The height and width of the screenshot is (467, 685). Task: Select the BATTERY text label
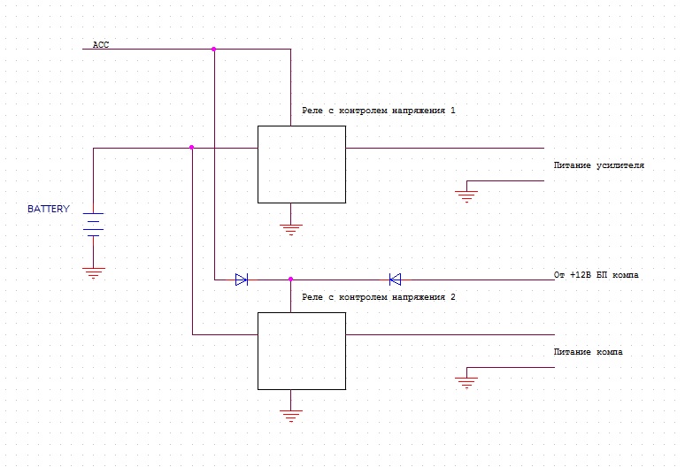click(48, 210)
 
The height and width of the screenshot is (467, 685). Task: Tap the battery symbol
click(94, 226)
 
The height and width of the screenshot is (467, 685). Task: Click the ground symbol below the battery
click(94, 272)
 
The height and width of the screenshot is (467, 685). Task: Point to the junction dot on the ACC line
click(213, 49)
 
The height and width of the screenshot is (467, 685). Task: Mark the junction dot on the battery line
click(191, 148)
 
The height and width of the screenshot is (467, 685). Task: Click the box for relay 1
click(301, 164)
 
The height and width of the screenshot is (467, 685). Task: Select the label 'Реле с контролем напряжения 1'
click(378, 111)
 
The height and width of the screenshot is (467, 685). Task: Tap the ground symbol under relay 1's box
click(290, 228)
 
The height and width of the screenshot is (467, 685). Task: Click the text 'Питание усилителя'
click(598, 165)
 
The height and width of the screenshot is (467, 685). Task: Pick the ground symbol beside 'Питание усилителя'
click(467, 195)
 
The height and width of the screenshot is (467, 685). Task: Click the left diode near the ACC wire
click(241, 279)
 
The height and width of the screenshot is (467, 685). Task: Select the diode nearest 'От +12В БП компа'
click(395, 279)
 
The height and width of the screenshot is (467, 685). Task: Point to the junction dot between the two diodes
click(290, 279)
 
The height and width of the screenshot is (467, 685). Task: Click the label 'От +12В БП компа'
click(596, 275)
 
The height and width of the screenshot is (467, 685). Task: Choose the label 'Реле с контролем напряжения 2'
click(378, 298)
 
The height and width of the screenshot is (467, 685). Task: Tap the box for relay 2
click(301, 350)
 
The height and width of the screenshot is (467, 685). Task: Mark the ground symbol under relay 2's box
click(290, 414)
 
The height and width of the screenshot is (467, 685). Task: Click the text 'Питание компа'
click(588, 352)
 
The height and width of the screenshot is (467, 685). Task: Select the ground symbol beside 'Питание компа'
click(467, 381)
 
